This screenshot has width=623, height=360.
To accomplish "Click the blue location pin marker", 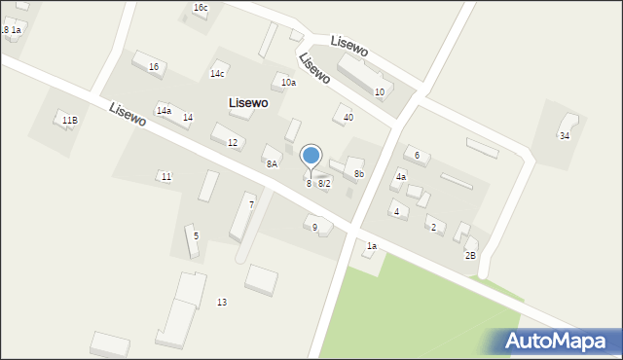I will point(311,156).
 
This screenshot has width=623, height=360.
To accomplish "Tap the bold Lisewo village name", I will point(248,102).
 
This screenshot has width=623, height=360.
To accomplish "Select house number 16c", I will point(201,8).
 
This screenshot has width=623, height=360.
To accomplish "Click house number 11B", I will point(69,120).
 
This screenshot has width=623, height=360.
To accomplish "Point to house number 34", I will point(565,135).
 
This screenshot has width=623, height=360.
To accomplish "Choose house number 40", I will point(348,117).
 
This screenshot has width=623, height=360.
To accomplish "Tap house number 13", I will point(222,303).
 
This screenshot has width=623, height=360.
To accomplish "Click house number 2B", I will point(470,255).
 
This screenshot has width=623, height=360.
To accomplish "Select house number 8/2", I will point(324,183).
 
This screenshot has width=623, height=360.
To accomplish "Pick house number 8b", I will point(359,174).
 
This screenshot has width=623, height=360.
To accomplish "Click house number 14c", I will point(217,73).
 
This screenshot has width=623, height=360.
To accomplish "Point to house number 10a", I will point(288,83).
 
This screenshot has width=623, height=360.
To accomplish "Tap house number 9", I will point(314,227).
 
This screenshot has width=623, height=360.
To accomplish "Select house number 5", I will point(196,235).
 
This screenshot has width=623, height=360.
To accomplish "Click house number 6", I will point(417,155).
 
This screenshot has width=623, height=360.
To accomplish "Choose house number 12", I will point(233,142).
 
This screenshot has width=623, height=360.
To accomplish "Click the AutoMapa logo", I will point(556,341).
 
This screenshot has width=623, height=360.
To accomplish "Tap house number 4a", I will point(400,177).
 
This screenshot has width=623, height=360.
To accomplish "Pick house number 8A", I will point(272,163).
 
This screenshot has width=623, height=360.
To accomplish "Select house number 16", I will point(154,66).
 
